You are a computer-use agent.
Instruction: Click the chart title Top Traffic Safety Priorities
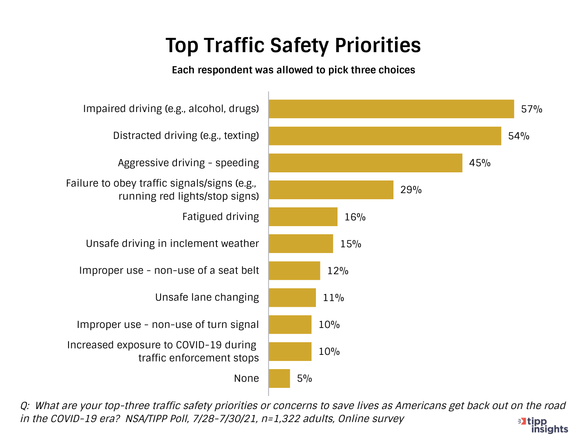[x=293, y=45]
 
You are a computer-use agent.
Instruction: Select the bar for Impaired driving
[x=391, y=109]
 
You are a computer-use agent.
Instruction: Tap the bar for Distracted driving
[x=385, y=136]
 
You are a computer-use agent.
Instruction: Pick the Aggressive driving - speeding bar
[x=365, y=163]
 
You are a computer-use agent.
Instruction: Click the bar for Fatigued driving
[x=303, y=217]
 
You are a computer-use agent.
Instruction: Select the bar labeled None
[x=279, y=378]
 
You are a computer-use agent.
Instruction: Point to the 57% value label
[x=532, y=109]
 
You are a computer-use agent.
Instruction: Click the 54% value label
[x=519, y=136]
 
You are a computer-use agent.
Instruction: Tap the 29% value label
[x=411, y=190]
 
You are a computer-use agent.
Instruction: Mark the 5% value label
[x=305, y=378]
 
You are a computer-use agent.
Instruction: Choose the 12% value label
[x=338, y=271]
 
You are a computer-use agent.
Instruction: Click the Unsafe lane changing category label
[x=207, y=297]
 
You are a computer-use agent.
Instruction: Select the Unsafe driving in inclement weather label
[x=172, y=244]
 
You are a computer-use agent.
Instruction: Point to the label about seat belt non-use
[x=169, y=271]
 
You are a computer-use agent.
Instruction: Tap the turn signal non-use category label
[x=168, y=325]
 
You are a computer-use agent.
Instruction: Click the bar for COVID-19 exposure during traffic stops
[x=290, y=352]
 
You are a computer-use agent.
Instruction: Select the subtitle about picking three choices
[x=293, y=70]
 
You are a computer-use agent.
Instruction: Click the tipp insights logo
[x=543, y=425]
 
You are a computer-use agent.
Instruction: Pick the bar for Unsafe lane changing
[x=292, y=297]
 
